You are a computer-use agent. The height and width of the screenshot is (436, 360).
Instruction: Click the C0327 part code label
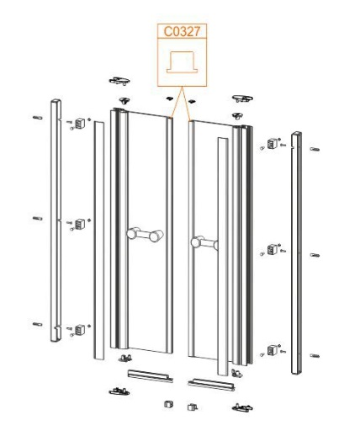coord(182,31)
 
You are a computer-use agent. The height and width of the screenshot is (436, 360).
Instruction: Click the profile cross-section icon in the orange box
coord(183,62)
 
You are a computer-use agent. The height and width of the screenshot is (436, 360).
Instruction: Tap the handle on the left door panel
coord(145,235)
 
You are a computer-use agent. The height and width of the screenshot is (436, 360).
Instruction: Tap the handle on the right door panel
coord(204,242)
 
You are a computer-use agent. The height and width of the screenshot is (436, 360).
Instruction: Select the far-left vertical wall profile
coord(56,221)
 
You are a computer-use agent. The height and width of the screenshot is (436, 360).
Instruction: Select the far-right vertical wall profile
coord(296,253)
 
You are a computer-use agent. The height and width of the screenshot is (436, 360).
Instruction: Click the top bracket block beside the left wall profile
coord(80,123)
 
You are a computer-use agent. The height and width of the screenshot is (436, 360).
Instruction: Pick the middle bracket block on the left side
coord(80,224)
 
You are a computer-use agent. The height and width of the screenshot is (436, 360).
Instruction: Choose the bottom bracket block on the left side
coord(80,330)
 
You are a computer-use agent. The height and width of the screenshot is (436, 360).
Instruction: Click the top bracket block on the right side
coord(272,144)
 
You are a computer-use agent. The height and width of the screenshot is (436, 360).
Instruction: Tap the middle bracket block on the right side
coord(272,249)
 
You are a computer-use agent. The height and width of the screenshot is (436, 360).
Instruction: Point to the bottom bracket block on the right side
coord(272,350)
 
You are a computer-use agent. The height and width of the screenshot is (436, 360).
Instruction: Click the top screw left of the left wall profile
coord(38,118)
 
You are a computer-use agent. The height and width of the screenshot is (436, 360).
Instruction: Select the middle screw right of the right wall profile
coord(315,255)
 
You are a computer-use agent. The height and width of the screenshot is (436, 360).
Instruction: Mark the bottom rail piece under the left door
coord(151,376)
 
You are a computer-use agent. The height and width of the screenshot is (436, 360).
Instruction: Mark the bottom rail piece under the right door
coord(211,385)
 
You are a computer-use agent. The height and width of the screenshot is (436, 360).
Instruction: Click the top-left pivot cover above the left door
coord(119,81)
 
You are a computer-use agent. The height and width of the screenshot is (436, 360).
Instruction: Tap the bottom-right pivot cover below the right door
coord(242,407)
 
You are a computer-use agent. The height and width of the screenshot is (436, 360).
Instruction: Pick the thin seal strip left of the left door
coord(98,240)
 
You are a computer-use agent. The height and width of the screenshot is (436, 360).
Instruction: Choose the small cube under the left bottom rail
coord(168,404)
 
